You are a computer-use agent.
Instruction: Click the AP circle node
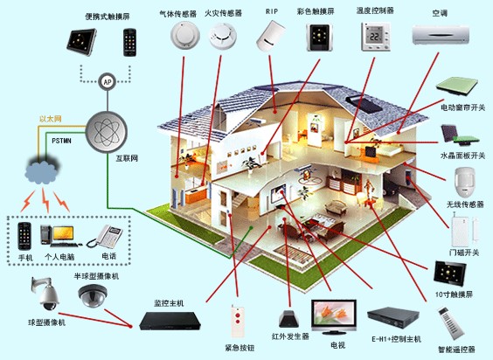(x=108, y=82)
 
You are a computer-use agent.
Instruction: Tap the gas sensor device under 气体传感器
(x=185, y=35)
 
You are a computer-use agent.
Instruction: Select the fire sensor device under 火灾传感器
(x=223, y=36)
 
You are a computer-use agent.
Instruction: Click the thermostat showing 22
(x=375, y=36)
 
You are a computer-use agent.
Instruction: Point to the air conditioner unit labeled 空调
(x=441, y=35)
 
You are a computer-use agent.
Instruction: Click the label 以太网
(x=51, y=119)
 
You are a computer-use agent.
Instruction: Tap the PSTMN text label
(x=61, y=141)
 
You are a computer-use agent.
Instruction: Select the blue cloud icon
(x=41, y=171)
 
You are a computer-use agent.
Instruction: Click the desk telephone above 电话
(x=105, y=237)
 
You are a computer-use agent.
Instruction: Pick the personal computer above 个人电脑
(x=59, y=236)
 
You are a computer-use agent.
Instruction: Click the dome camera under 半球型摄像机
(x=93, y=296)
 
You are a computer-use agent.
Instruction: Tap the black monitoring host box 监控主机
(x=170, y=321)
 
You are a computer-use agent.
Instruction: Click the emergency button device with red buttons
(x=238, y=321)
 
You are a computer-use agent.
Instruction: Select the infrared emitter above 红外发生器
(x=288, y=319)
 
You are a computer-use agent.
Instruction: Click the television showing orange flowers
(x=334, y=316)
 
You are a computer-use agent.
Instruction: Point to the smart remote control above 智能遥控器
(x=451, y=323)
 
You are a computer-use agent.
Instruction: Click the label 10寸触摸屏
(x=454, y=294)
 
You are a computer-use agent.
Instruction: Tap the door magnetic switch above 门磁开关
(x=465, y=229)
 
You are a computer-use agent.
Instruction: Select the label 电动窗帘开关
(x=462, y=107)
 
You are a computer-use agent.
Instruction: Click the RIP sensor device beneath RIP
(x=270, y=36)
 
